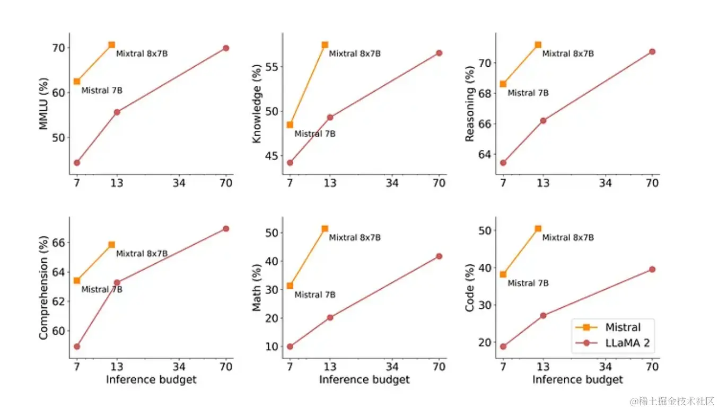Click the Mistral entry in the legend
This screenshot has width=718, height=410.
[623, 327]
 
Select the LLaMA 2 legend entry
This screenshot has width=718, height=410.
[627, 343]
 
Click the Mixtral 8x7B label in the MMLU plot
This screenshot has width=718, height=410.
[142, 54]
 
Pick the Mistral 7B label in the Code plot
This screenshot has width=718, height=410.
[528, 283]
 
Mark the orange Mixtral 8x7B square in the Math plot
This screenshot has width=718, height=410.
[325, 229]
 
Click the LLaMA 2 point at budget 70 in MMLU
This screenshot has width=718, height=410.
[226, 48]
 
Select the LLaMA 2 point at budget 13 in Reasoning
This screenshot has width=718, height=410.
[543, 120]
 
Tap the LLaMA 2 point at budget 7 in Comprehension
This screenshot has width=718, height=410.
[77, 346]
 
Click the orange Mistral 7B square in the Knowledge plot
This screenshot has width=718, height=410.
[290, 125]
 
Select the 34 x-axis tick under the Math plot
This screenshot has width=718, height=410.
[392, 367]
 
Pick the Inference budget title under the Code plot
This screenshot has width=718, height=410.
[577, 379]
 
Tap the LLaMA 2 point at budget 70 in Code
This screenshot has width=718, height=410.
[652, 270]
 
